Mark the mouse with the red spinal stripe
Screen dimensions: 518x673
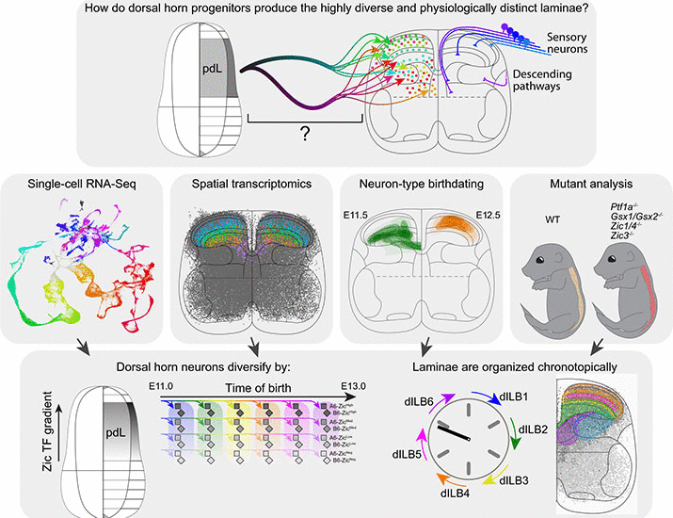click(624, 300)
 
